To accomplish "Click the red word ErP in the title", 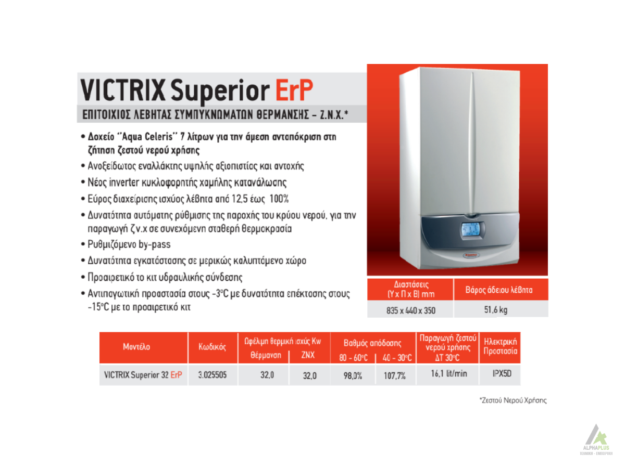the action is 294,90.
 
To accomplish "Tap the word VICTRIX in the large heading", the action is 123,90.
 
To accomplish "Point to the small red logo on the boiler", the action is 470,255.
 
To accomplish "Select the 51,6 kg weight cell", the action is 495,309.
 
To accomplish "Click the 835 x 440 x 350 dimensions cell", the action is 410,310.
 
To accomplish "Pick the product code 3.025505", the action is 212,375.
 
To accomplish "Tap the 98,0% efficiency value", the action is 353,375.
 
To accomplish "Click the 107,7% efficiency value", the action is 394,375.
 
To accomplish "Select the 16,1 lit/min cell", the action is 449,373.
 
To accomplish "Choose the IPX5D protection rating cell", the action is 502,373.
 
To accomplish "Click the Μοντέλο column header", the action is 136,346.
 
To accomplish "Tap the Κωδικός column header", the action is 212,347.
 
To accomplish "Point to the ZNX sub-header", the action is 308,355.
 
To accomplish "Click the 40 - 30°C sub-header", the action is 397,357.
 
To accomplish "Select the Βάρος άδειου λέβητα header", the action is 498,290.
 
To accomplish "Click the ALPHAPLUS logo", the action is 596,439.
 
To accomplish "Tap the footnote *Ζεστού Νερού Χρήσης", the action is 513,400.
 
